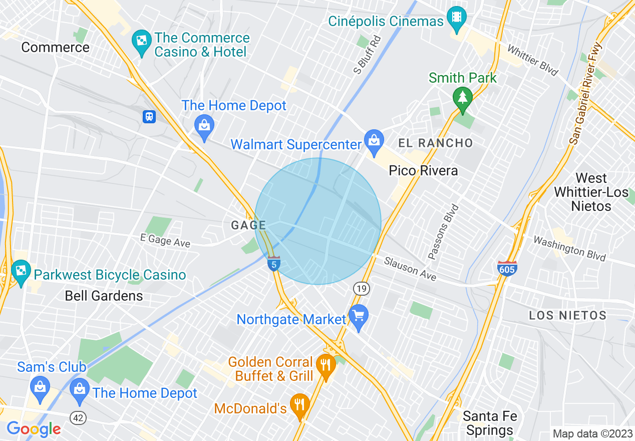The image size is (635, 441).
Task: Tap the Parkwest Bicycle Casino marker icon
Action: click(x=21, y=272)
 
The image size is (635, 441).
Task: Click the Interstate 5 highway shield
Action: click(x=273, y=263)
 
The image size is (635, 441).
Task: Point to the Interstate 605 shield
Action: click(x=507, y=268)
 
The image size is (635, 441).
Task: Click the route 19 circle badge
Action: click(x=361, y=288)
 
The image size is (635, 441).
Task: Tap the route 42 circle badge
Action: click(x=78, y=418)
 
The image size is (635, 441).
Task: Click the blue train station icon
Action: click(x=149, y=117)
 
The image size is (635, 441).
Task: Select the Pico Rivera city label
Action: click(x=423, y=171)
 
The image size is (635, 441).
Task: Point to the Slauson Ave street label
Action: click(x=410, y=269)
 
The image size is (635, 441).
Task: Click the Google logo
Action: click(x=34, y=429)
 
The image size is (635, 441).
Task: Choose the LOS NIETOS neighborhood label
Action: click(x=568, y=315)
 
